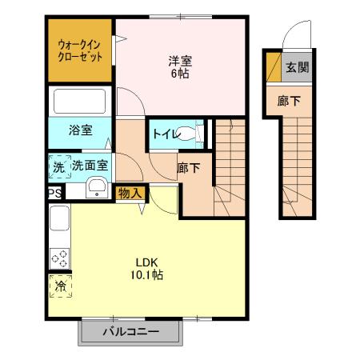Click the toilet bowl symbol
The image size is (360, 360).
189,134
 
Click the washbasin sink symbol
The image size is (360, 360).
98,188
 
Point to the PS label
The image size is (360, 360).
54,193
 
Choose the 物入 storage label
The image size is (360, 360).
130,192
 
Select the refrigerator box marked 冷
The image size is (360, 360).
58,285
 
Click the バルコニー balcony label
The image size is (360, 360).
130,330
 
